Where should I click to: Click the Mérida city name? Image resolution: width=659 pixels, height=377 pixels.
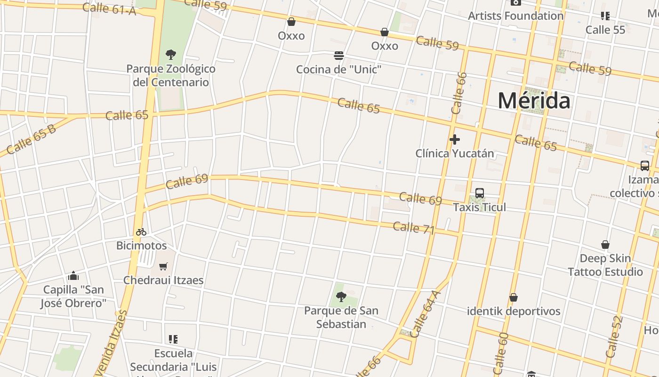534,101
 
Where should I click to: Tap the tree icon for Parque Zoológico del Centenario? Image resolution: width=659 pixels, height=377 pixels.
171,55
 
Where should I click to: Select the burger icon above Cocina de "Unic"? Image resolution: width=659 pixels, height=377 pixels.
338,56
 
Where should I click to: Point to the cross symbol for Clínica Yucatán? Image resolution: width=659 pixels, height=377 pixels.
455,139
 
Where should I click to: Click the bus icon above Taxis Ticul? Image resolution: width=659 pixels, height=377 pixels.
480,193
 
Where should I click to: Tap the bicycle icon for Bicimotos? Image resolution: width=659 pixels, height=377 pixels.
141,232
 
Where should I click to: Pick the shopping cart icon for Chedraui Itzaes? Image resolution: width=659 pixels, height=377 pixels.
163,267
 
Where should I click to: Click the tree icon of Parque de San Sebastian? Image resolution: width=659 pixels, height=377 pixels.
341,297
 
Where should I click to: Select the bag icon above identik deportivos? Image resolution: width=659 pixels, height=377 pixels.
514,298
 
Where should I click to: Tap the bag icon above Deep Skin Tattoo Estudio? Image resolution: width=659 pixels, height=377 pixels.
605,245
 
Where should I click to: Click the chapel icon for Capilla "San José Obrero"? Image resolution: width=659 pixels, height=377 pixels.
73,276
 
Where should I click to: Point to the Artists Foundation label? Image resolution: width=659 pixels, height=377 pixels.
515,16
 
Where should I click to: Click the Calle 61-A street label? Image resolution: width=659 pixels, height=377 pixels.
109,8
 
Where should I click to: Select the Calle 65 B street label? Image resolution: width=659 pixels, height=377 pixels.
31,139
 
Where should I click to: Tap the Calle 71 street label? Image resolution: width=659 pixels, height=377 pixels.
413,228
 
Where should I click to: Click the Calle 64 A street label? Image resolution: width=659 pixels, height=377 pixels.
425,314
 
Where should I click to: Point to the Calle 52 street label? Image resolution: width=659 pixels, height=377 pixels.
614,336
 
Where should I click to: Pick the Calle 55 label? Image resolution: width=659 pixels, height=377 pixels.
605,30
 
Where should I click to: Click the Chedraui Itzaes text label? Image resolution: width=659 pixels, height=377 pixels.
163,280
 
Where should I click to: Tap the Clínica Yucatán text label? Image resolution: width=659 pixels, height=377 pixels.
455,154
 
